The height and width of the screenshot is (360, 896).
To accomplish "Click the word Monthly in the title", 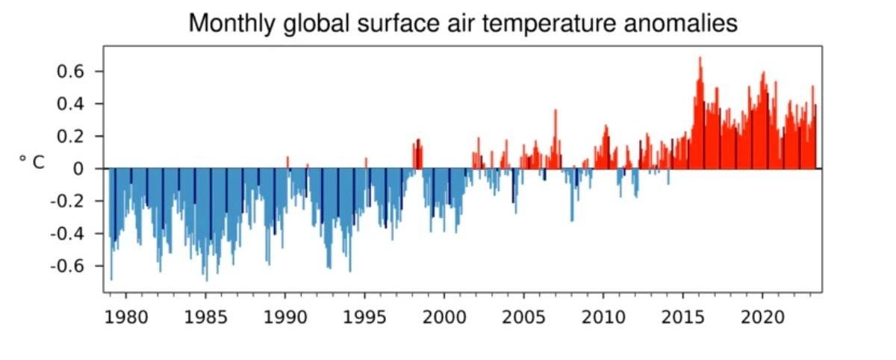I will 229,23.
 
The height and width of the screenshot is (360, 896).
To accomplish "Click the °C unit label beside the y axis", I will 31,162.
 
